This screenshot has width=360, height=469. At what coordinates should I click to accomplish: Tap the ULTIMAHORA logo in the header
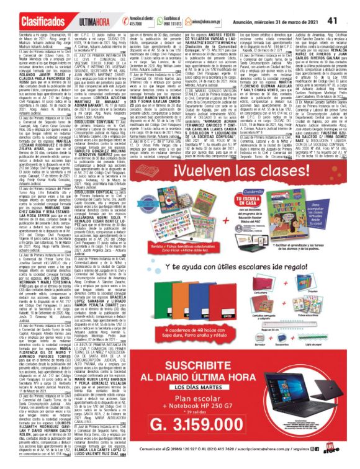pos(78,22)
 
